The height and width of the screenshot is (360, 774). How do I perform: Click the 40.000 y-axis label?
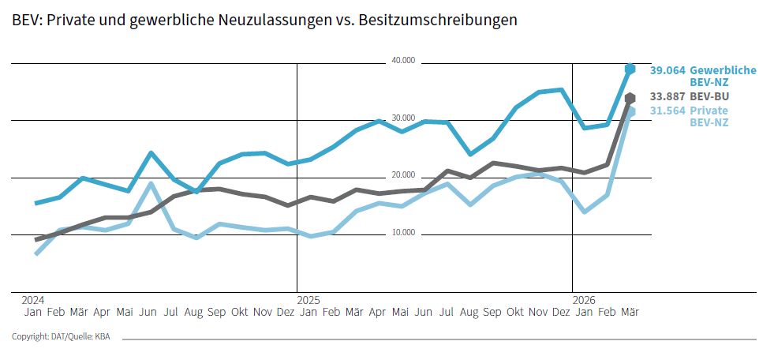403,61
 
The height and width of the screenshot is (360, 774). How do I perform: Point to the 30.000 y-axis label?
403,118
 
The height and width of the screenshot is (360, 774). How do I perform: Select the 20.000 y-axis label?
403,175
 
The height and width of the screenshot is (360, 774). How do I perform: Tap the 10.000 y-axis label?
403,233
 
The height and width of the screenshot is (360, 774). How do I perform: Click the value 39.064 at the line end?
667,70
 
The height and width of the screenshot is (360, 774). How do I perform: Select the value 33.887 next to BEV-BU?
667,96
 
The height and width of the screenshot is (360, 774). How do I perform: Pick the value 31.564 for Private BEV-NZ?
667,111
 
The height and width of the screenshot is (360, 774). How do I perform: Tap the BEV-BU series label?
709,96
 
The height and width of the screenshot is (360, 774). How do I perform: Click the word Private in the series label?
709,111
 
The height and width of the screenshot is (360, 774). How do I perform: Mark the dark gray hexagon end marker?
630,98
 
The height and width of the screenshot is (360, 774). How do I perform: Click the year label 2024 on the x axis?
33,300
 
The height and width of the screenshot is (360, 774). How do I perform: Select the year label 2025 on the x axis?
308,300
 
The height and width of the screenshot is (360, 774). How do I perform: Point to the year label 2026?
584,300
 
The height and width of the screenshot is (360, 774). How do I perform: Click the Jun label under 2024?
148,312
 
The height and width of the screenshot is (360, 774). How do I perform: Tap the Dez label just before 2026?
561,312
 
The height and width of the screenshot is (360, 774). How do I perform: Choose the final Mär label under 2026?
630,312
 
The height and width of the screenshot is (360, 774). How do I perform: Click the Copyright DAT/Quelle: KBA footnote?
61,337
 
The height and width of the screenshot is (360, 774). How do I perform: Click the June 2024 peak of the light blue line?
150,184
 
